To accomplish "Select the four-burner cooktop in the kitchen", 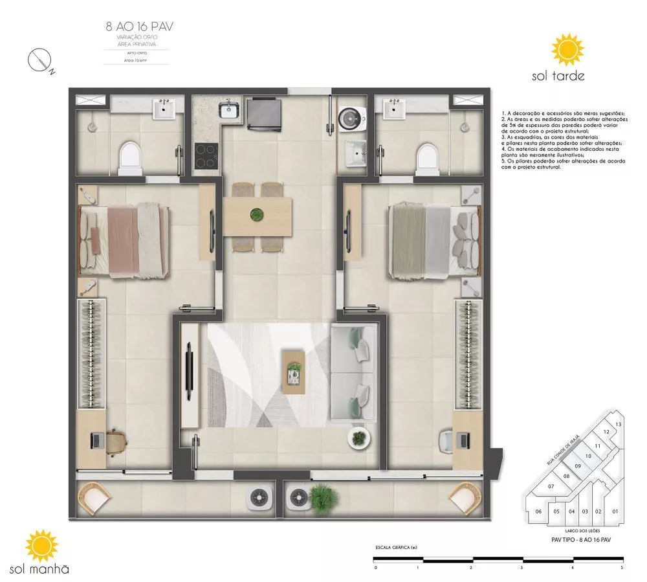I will pyautogui.click(x=206, y=155).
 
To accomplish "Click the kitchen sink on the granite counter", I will pyautogui.click(x=229, y=111).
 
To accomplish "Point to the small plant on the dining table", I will pyautogui.click(x=258, y=214).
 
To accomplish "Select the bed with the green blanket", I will pyautogui.click(x=433, y=240).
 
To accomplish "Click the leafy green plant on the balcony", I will pyautogui.click(x=320, y=497).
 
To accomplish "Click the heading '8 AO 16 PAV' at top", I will pyautogui.click(x=139, y=27).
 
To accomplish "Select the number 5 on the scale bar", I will pyautogui.click(x=622, y=568).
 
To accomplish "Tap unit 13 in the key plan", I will pyautogui.click(x=619, y=424).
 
